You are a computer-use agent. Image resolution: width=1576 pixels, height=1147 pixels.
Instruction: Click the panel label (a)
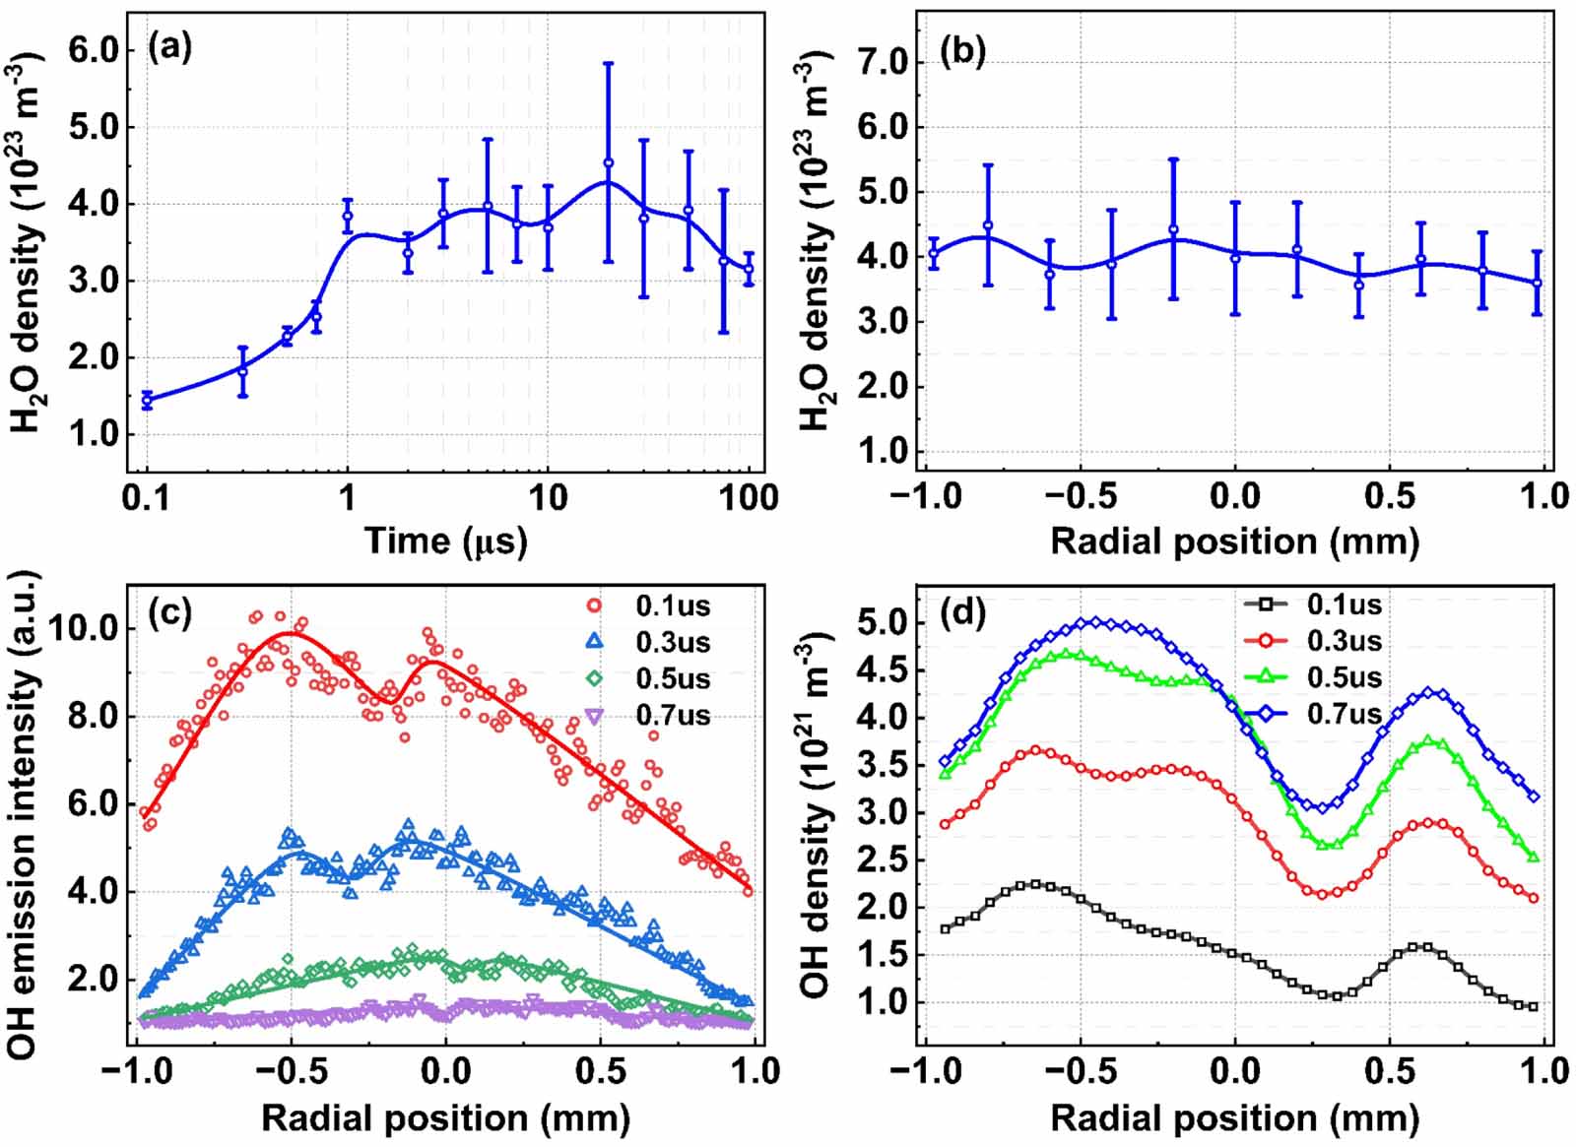click(x=169, y=48)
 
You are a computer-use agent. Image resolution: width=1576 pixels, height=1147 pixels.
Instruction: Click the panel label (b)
click(x=962, y=51)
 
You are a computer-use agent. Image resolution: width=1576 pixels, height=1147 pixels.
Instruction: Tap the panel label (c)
click(x=169, y=613)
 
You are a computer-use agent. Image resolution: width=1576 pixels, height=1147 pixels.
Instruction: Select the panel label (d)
click(x=962, y=613)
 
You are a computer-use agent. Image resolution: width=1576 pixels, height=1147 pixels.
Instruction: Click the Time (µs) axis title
click(x=445, y=541)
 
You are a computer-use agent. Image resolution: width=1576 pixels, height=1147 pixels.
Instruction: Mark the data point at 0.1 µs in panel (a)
click(x=147, y=400)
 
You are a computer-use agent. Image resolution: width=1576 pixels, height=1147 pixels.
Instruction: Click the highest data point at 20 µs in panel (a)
click(x=609, y=162)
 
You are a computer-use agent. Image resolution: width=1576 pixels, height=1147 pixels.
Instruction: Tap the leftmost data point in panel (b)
click(x=933, y=254)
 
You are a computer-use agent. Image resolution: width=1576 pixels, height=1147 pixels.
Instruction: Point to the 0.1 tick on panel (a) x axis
click(x=146, y=497)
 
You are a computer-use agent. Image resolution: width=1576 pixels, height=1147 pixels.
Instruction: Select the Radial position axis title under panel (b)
click(x=1235, y=541)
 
